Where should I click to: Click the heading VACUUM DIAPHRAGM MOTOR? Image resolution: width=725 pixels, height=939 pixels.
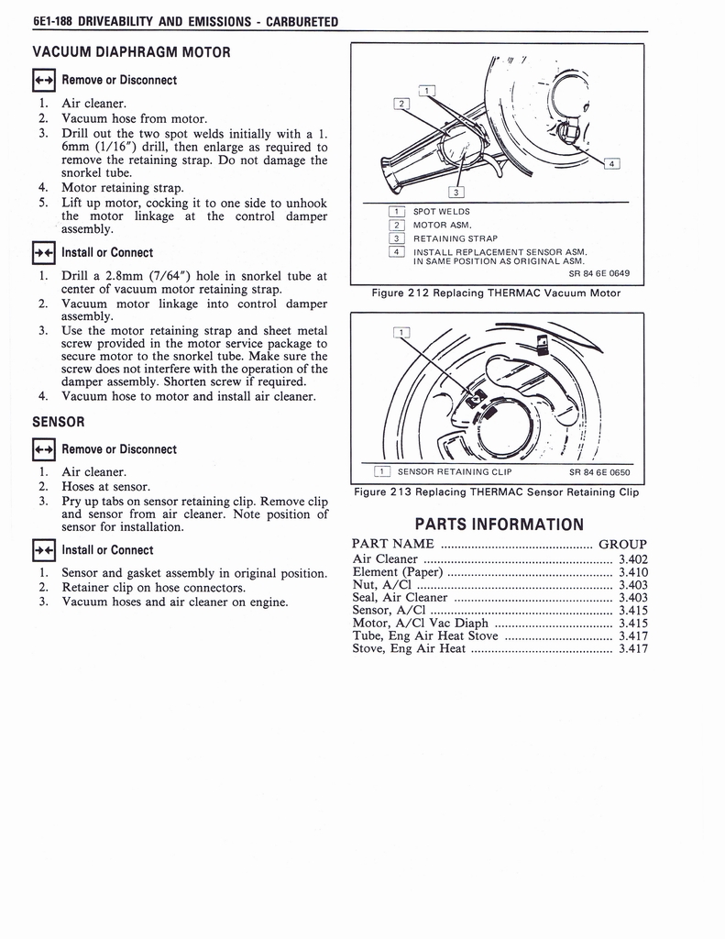[131, 52]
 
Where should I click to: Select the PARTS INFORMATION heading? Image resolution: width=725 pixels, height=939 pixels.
[499, 525]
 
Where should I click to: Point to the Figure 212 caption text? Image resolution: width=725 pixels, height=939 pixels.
[496, 293]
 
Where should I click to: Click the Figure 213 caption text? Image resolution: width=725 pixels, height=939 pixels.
[496, 492]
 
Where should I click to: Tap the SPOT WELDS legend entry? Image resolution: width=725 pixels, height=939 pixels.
[441, 212]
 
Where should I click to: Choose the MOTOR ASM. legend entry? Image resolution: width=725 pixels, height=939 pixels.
[443, 225]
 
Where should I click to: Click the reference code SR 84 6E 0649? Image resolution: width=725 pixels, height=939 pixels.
[599, 272]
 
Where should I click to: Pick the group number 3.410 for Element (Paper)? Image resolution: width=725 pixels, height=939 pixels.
[632, 572]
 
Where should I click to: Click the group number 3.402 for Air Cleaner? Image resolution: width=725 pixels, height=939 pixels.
[632, 559]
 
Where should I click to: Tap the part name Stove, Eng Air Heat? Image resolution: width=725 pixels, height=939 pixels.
[409, 648]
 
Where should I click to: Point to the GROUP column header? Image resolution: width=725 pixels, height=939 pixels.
[622, 544]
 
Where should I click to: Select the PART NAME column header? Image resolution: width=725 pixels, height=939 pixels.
[393, 544]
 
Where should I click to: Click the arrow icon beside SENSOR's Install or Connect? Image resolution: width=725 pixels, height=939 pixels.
[43, 550]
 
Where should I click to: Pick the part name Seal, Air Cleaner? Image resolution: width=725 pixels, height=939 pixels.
[400, 598]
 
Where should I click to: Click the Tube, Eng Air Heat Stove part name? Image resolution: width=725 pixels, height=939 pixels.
[425, 635]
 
